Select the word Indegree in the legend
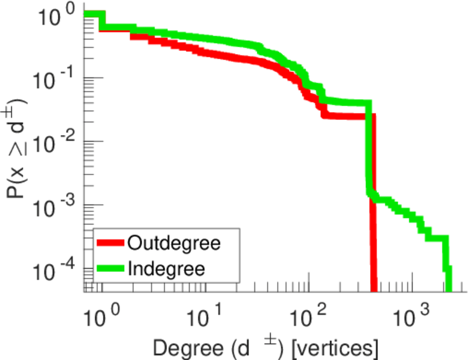click(x=166, y=268)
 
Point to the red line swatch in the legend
click(x=110, y=244)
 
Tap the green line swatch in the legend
click(x=110, y=268)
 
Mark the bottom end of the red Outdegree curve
click(x=374, y=289)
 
